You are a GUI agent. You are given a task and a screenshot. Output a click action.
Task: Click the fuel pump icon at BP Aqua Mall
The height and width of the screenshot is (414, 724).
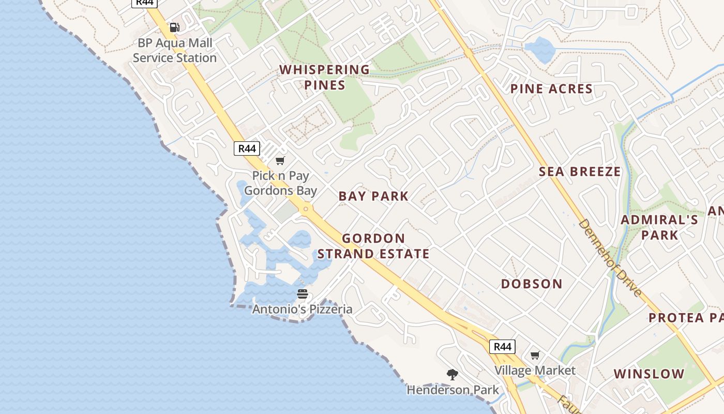[x=175, y=27]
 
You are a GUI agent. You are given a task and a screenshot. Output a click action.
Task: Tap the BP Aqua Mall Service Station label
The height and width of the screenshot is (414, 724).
[x=175, y=50]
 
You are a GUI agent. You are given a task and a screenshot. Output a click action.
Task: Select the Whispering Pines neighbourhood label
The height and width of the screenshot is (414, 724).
[x=325, y=77]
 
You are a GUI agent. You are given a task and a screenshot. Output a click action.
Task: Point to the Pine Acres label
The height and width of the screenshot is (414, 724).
[x=551, y=89]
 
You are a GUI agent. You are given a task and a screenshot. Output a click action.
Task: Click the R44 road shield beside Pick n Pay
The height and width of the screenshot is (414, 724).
[x=246, y=149]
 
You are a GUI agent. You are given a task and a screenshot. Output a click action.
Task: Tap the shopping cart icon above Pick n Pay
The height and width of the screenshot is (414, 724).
[x=280, y=161]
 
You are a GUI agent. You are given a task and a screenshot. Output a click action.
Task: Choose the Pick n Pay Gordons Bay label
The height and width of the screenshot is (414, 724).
[x=280, y=183]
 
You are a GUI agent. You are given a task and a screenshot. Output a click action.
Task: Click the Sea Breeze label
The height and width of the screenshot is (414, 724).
[x=580, y=172]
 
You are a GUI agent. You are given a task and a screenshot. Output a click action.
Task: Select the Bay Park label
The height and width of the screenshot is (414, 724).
[x=373, y=196]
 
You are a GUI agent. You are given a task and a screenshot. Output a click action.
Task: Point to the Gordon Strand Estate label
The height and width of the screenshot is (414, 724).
[x=373, y=246]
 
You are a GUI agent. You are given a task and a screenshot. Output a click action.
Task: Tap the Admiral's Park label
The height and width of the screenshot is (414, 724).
[x=659, y=227]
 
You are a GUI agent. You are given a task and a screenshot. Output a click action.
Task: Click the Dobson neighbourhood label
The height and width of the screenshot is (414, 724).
[x=532, y=284]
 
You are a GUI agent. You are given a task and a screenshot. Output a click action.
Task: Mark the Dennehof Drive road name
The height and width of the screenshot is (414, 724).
[x=610, y=257]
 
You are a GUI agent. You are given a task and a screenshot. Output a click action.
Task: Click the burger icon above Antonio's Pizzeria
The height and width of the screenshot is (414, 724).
[x=303, y=294]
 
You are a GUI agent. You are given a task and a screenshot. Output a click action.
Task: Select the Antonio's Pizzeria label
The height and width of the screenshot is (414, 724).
[x=303, y=309]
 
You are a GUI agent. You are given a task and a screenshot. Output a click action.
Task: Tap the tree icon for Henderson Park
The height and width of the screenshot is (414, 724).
[x=452, y=374]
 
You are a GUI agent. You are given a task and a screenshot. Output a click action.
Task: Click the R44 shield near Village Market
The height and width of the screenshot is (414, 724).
[x=502, y=347]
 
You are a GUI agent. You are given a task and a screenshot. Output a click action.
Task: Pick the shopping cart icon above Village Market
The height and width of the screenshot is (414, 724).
[x=535, y=356]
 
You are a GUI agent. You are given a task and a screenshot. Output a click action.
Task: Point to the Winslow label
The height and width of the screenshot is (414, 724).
[x=648, y=374]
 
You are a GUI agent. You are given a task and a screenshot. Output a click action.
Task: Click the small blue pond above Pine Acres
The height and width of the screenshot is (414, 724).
[x=539, y=49]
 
